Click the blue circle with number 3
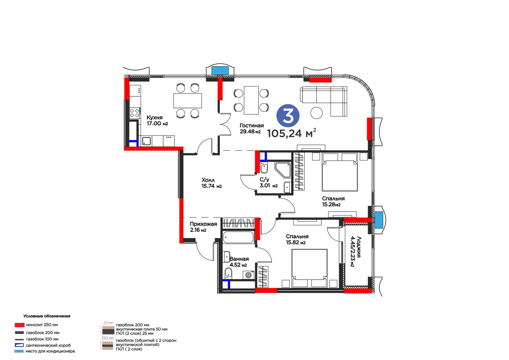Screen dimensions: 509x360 [x=288, y=116]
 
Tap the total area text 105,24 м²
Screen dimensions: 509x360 [x=291, y=133]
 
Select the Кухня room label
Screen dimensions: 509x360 [x=155, y=117]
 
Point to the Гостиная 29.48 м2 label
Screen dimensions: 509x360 [x=252, y=128]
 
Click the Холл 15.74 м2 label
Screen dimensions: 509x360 [x=211, y=183]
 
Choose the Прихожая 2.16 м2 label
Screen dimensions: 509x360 [x=203, y=227]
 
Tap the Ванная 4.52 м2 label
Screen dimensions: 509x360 [x=239, y=262]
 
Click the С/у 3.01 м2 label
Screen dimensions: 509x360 [x=268, y=183]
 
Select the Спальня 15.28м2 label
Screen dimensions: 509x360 [x=333, y=201]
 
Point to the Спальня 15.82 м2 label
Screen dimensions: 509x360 [x=297, y=239]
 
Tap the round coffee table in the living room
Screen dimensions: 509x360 [x=316, y=113]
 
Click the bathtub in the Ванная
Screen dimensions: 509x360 [x=238, y=237]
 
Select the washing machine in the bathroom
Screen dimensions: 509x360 [x=248, y=275]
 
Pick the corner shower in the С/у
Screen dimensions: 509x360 [x=283, y=170]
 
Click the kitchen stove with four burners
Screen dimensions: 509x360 [x=135, y=113]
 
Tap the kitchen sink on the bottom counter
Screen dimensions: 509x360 [x=147, y=141]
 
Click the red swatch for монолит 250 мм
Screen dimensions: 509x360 [x=19, y=325]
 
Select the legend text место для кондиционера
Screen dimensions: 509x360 [x=50, y=351]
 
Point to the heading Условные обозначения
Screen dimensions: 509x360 [x=46, y=316]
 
